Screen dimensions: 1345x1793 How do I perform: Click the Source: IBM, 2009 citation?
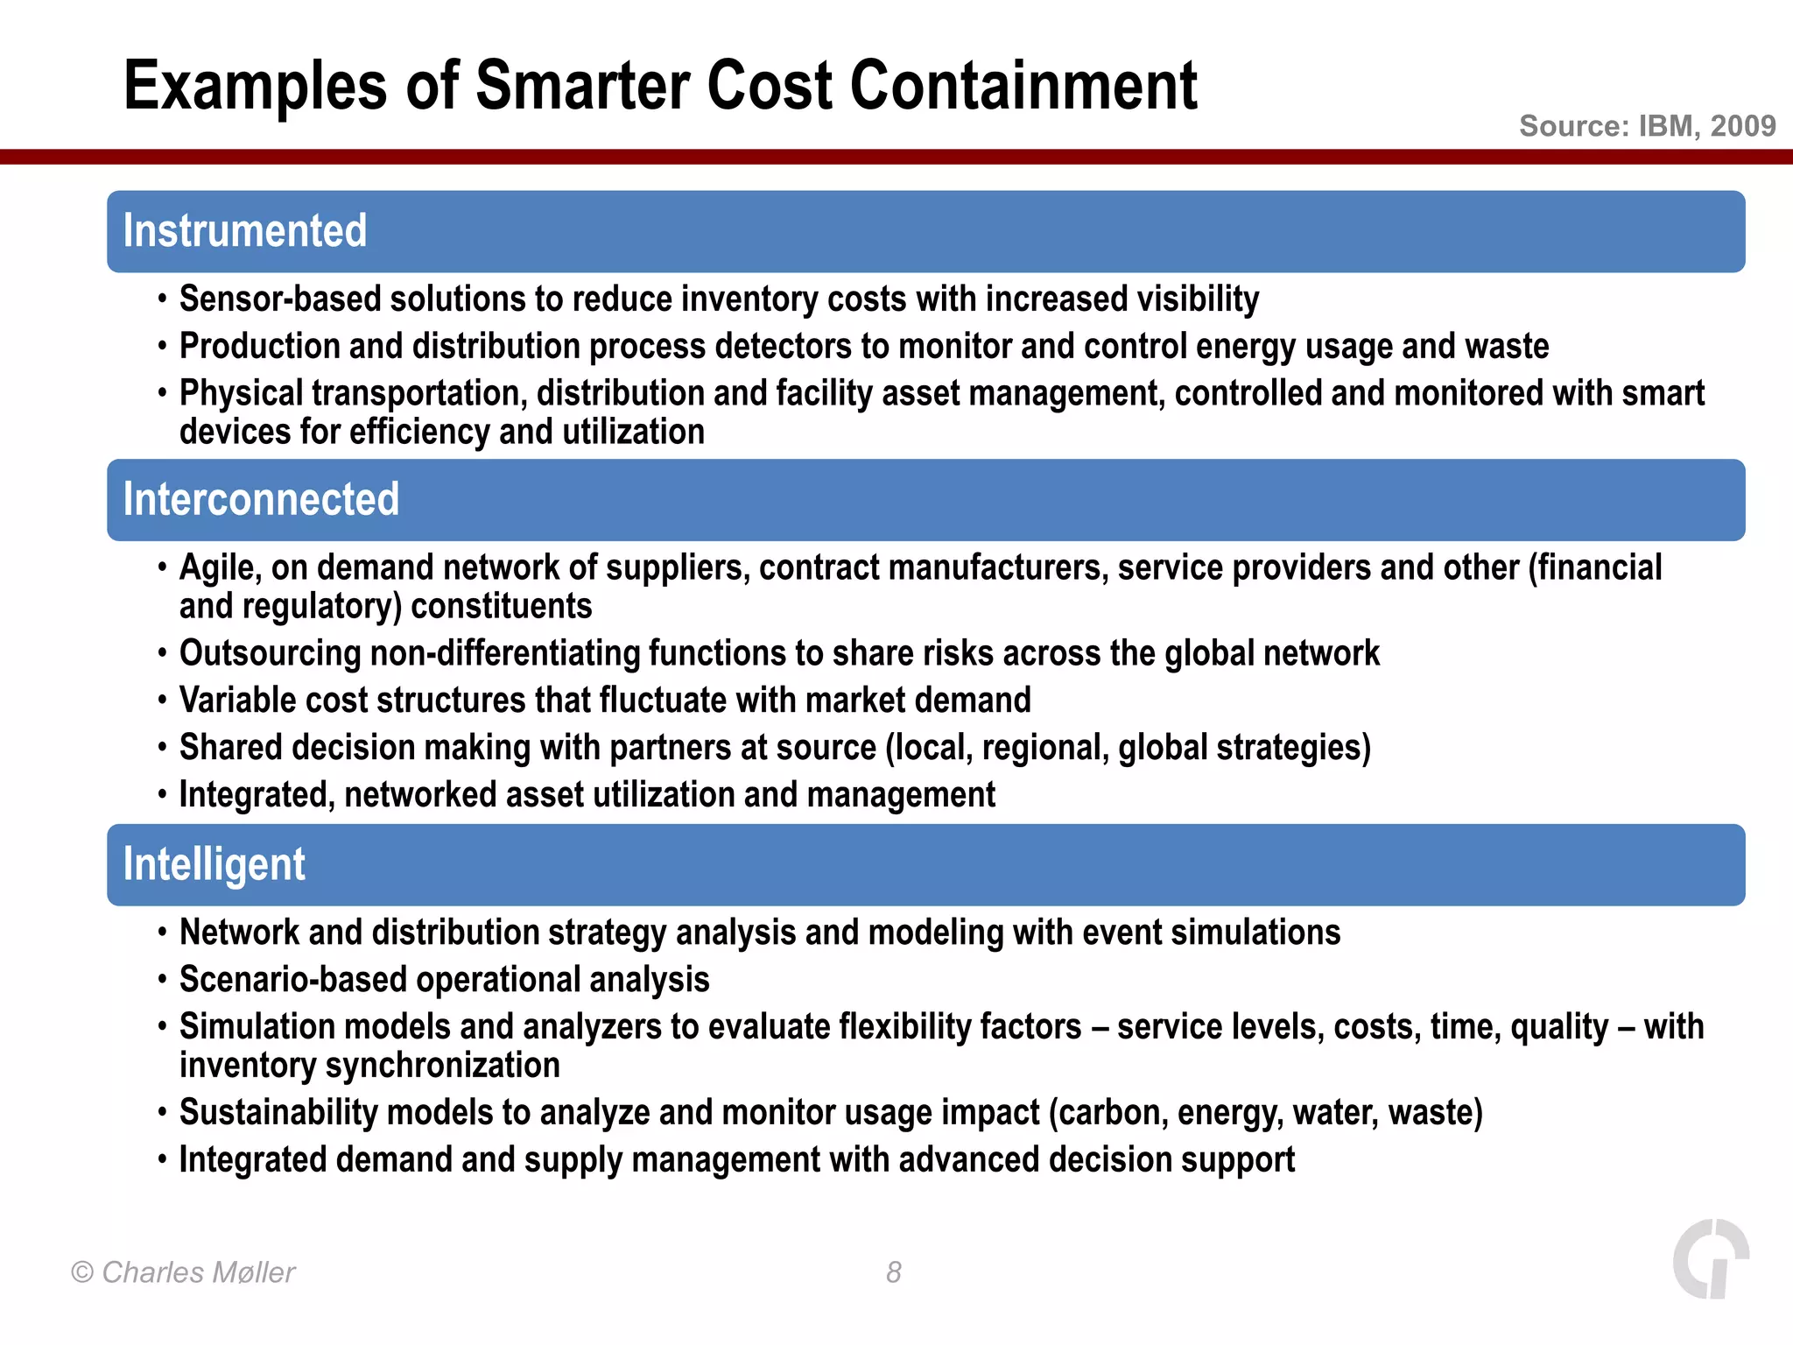[x=1647, y=126]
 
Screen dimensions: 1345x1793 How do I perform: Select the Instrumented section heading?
[x=245, y=231]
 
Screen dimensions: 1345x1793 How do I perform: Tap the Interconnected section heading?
[x=261, y=500]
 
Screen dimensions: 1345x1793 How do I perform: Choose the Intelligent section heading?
[x=214, y=865]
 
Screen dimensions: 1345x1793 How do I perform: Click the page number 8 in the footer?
[x=893, y=1272]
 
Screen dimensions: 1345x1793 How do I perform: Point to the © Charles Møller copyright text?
[x=183, y=1272]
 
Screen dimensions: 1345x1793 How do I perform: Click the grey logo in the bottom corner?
[x=1711, y=1258]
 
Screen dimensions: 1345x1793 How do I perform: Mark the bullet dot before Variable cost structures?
[x=162, y=701]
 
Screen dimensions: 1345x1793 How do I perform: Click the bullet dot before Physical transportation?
[x=162, y=393]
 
